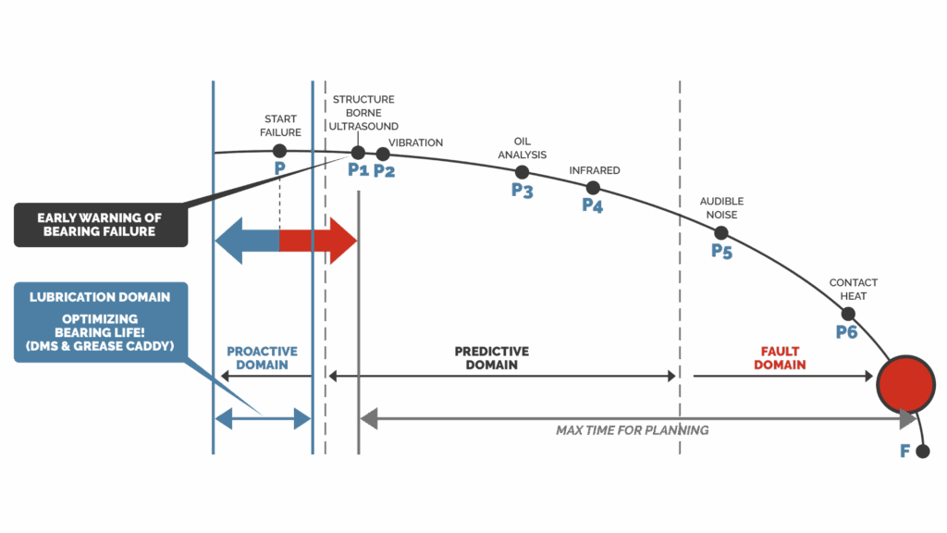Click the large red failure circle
click(905, 383)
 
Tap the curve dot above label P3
click(522, 172)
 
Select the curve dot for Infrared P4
click(593, 187)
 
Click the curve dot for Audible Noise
click(721, 232)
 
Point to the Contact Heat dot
click(848, 314)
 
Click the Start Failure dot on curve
click(279, 150)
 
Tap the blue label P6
click(846, 331)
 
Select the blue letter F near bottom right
click(905, 452)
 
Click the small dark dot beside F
click(922, 452)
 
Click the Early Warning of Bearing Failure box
click(100, 225)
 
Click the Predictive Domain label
click(492, 358)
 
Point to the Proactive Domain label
click(263, 358)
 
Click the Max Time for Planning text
click(633, 430)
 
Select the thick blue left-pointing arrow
click(245, 241)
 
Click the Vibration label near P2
click(415, 143)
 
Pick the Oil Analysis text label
click(523, 148)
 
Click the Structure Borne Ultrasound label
click(363, 113)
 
